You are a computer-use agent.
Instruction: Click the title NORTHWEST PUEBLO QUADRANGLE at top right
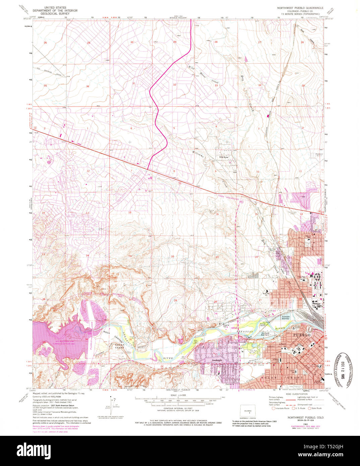(x=300, y=7)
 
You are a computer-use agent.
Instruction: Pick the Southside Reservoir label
(x=267, y=334)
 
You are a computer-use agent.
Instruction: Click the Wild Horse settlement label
(x=224, y=157)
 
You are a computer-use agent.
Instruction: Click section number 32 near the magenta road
(x=174, y=85)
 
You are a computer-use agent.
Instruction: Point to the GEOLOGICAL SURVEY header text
(x=54, y=14)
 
